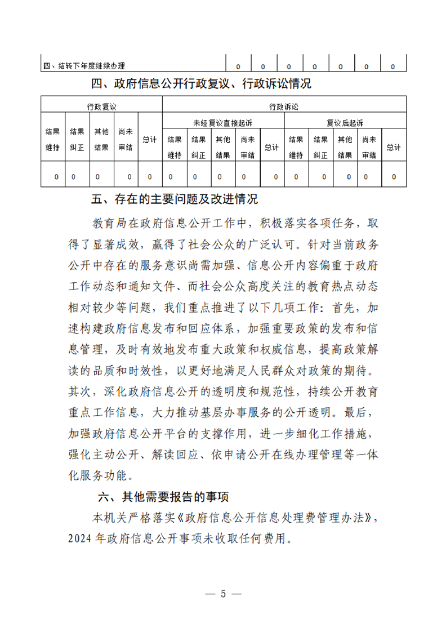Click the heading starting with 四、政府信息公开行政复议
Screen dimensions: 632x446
coord(201,84)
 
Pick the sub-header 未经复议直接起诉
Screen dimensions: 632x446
coord(223,122)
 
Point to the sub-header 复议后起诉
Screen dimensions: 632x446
coord(345,122)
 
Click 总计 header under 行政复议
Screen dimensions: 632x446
coord(149,139)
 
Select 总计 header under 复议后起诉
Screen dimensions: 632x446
coord(394,147)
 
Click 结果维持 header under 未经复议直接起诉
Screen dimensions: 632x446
coord(174,147)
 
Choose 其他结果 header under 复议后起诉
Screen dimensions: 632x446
coord(345,147)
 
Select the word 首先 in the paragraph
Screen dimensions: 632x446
coord(353,308)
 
